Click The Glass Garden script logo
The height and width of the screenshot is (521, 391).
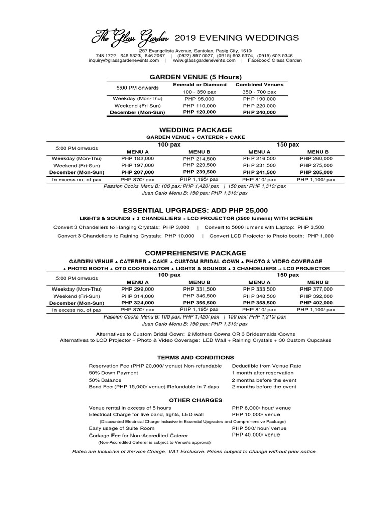(x=130, y=37)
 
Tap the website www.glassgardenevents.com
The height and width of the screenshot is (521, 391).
(x=204, y=60)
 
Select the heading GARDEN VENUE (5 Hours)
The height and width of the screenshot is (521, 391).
(x=191, y=76)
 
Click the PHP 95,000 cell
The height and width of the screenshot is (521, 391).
(x=200, y=98)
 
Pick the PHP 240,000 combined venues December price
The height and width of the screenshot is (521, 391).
(x=259, y=112)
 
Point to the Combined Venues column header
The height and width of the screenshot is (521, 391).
(x=259, y=84)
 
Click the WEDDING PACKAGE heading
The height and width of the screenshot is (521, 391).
(x=195, y=130)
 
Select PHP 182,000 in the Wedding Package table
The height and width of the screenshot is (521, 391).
(x=137, y=159)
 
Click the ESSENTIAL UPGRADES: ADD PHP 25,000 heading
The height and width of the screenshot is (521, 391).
(x=195, y=210)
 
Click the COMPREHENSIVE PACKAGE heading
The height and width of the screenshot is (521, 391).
(x=195, y=253)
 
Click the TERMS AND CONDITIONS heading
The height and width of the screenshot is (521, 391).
(x=195, y=358)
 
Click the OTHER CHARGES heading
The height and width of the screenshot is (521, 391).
(x=195, y=400)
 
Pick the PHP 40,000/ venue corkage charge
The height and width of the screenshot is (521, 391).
(x=256, y=435)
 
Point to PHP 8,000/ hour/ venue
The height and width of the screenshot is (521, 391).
(x=261, y=408)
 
